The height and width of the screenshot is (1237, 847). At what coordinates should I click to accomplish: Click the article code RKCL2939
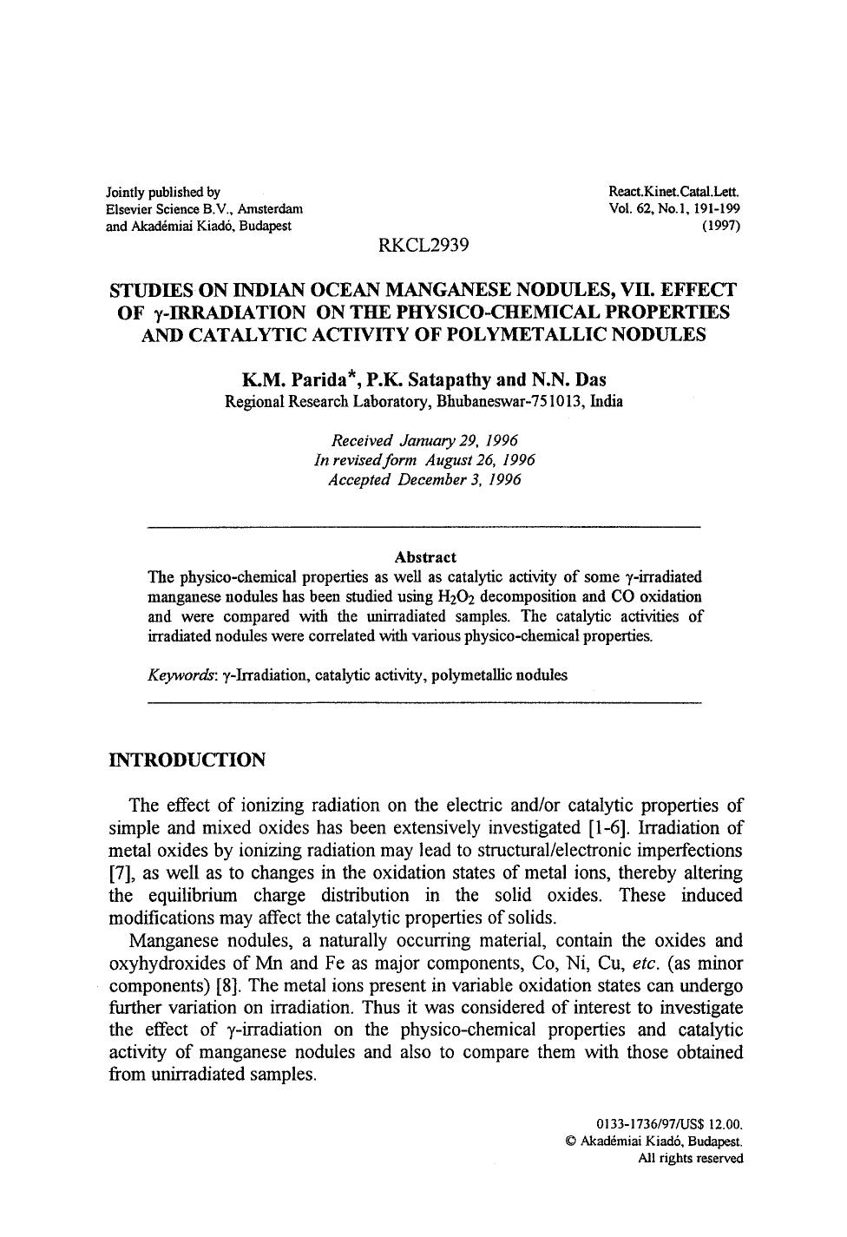[423, 246]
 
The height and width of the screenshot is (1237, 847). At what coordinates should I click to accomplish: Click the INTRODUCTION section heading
[187, 760]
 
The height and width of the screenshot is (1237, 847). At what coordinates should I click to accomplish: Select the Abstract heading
[424, 557]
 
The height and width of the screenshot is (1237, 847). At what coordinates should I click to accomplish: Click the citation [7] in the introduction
[122, 872]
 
